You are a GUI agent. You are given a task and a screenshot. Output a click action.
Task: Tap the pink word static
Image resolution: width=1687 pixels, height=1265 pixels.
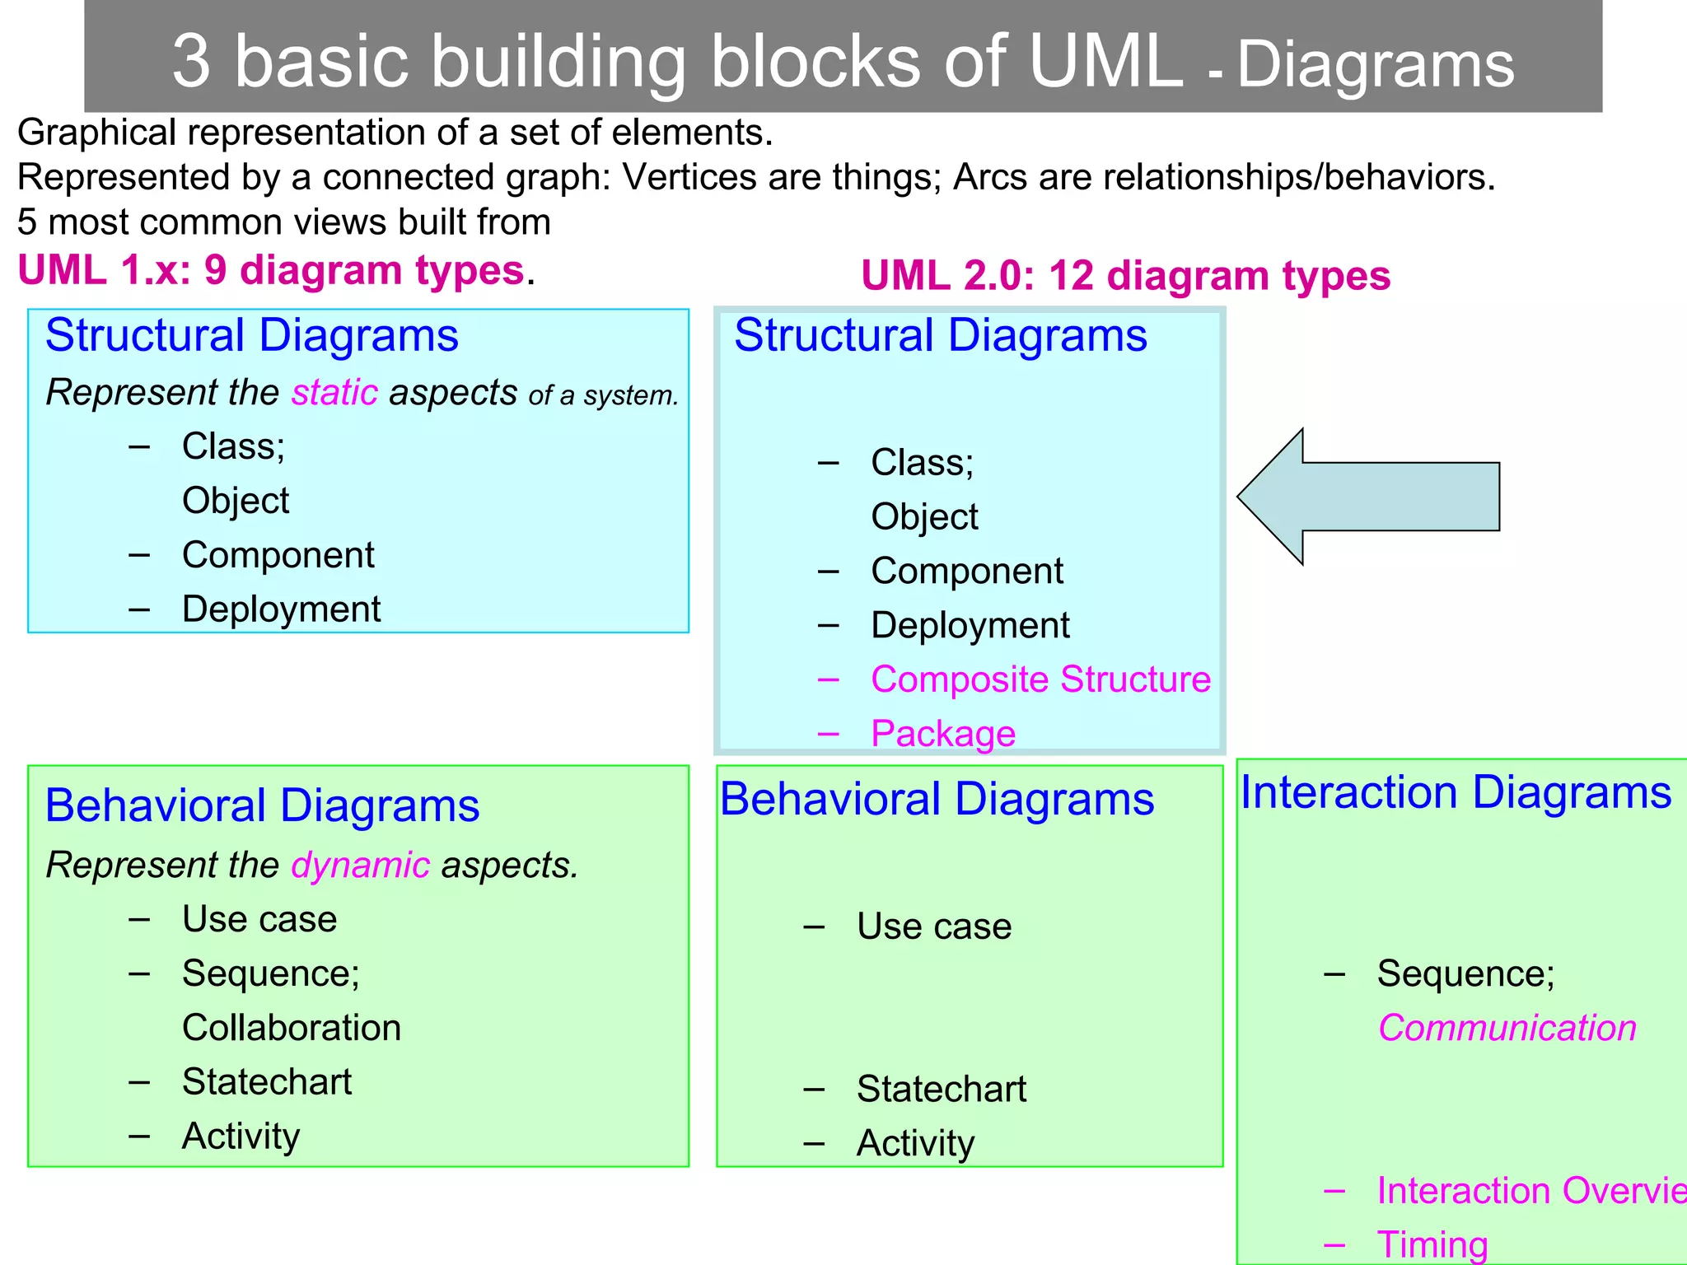coord(334,393)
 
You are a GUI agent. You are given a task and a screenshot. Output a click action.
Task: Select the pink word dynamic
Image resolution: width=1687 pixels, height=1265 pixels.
coord(360,866)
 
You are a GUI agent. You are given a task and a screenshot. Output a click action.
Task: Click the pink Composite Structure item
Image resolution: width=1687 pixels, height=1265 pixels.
coord(1040,679)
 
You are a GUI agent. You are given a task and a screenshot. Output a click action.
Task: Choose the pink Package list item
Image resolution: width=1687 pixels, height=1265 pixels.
coord(943,734)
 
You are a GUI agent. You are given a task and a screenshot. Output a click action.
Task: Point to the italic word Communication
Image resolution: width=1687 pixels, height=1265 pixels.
coord(1507,1028)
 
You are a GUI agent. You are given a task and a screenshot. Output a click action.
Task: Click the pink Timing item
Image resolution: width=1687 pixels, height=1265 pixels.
coord(1432,1244)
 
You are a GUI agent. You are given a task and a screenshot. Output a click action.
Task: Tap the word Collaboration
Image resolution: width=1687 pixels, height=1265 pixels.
coord(292,1028)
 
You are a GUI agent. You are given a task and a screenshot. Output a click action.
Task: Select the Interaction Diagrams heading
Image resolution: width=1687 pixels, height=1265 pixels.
coord(1456,792)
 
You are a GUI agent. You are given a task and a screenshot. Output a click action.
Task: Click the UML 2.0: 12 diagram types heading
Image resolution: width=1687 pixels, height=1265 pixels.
coord(1125,275)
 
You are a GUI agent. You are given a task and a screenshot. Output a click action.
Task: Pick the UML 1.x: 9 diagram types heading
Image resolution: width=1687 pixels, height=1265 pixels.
coord(271,270)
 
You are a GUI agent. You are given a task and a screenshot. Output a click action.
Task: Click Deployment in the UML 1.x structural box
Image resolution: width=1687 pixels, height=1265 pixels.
coord(281,609)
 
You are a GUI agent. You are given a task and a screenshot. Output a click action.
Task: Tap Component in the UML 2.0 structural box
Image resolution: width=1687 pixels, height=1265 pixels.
coord(967,571)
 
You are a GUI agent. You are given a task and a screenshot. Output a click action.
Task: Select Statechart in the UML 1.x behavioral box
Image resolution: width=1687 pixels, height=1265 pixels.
coord(267,1082)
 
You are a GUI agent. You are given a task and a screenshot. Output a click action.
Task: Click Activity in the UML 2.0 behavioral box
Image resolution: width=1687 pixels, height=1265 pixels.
coord(915,1143)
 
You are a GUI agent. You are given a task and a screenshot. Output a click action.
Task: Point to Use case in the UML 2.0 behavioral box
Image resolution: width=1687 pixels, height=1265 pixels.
coord(933,927)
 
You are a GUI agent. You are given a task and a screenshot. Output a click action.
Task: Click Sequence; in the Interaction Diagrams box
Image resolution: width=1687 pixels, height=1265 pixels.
coord(1465,973)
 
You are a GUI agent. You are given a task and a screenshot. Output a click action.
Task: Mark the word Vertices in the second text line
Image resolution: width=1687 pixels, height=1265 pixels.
coord(689,177)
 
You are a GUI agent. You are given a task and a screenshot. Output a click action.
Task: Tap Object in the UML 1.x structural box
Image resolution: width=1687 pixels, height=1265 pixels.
coord(236,501)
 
